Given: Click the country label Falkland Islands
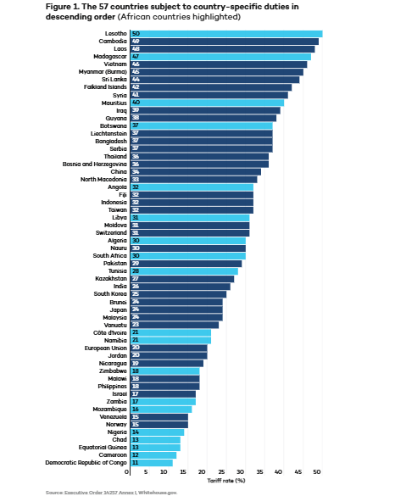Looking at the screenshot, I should click(104, 87).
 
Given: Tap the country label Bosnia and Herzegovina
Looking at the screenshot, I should click(94, 164).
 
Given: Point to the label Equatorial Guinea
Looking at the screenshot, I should click(104, 447).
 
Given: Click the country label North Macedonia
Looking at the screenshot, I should click(104, 179).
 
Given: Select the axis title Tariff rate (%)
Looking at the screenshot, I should click(226, 480).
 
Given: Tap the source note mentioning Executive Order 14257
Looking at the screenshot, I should click(111, 491).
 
